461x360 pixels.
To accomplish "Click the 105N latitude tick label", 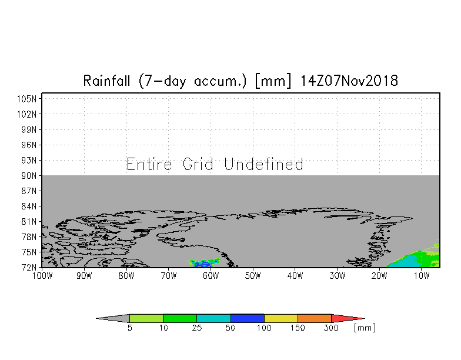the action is tap(27, 99).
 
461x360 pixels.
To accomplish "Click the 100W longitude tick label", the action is tap(42, 276).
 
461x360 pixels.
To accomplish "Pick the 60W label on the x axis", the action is tap(211, 276).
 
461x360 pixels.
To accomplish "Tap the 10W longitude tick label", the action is tap(422, 276).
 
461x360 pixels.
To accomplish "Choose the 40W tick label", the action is tap(295, 276).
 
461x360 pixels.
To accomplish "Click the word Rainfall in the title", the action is tap(106, 81).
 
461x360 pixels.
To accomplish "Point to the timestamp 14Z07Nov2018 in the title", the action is tap(349, 81).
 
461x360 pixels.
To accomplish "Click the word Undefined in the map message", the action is tap(263, 164).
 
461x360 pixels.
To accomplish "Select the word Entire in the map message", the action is tap(149, 164).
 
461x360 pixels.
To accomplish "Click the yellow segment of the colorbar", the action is tap(281, 318).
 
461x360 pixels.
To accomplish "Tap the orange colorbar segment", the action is tap(314, 318).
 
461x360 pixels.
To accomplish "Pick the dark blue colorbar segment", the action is tap(247, 318).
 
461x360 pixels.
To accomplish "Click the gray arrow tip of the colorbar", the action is tap(113, 318).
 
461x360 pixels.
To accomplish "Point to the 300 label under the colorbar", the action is tap(331, 328).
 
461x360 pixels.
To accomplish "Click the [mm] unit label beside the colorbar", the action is tap(365, 328).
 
